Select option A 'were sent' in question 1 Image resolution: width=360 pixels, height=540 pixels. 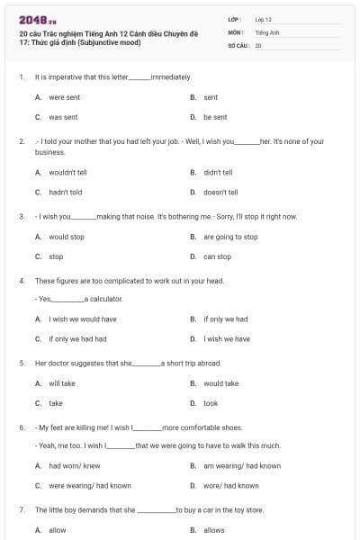coord(64,97)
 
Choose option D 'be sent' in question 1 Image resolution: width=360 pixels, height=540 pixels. coord(215,117)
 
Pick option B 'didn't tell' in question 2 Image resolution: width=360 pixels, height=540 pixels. coord(218,172)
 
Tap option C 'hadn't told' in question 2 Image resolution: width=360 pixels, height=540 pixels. coord(65,192)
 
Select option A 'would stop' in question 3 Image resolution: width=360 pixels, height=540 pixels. coord(66,237)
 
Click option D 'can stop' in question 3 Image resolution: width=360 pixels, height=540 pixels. coord(217,256)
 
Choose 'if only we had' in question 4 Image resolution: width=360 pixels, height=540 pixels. coord(225,319)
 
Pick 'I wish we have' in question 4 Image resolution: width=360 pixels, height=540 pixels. coord(227,339)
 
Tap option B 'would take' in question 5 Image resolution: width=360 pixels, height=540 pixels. coord(220,383)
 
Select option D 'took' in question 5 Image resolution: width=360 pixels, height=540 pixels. coord(211,403)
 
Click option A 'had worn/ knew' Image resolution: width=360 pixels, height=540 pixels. coord(75,465)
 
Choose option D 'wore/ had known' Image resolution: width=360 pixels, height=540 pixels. coord(230,485)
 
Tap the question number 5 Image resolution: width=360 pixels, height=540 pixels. coord(21,363)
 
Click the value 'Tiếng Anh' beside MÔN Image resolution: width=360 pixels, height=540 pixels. coord(268,31)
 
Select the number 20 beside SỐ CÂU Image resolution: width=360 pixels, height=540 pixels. coord(258,45)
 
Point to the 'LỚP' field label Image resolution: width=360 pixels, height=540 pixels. coord(235,19)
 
